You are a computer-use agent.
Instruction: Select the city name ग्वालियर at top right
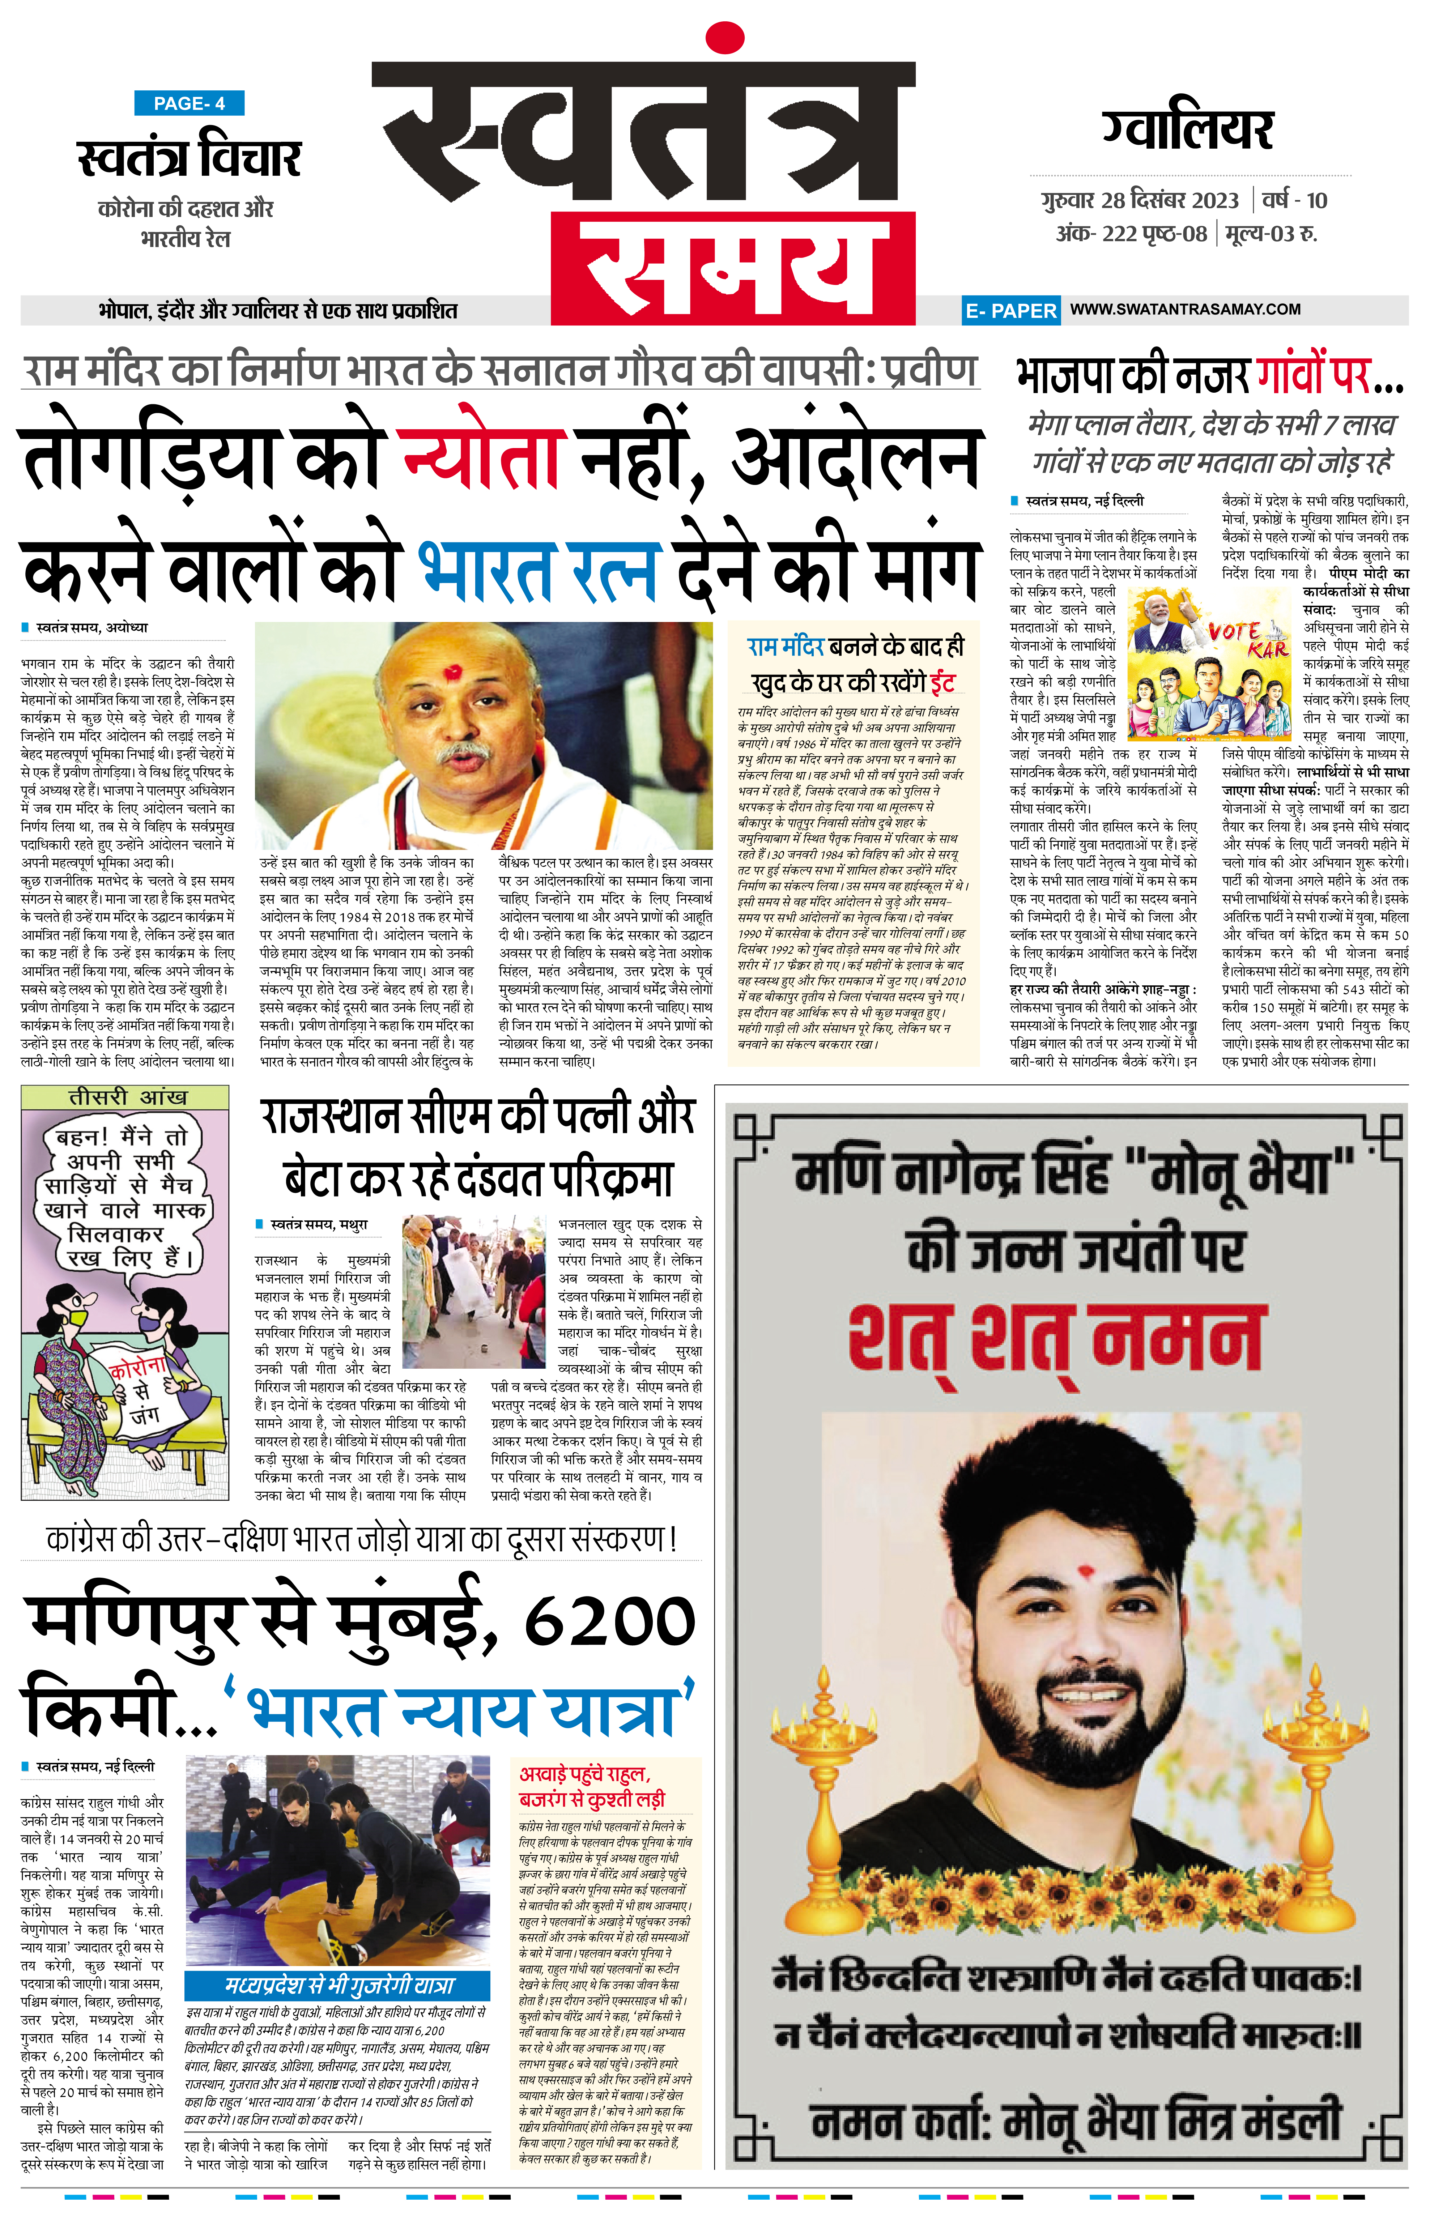1188,130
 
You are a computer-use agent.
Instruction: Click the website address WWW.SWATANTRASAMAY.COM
1185,309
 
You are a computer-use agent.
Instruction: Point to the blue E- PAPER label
1010,311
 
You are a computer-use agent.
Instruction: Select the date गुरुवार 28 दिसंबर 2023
1139,201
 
